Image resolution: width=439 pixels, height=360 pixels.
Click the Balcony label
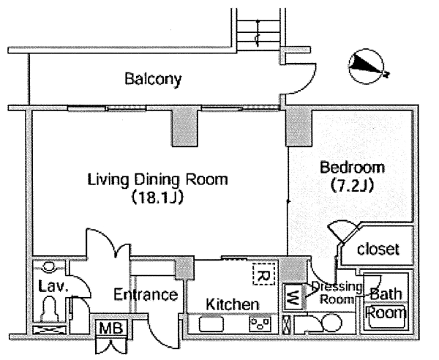point(153,79)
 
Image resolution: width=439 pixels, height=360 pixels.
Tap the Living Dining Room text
point(157,179)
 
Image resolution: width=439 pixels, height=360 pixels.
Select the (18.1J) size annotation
point(157,197)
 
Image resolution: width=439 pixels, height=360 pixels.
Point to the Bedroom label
point(352,168)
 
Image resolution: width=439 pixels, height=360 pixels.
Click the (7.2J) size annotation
point(352,185)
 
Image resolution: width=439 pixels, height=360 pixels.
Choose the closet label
point(378,249)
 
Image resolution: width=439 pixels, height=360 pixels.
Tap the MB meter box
point(111,328)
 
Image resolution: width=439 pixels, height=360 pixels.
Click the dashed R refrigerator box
point(263,274)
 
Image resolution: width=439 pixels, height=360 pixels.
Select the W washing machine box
point(293,296)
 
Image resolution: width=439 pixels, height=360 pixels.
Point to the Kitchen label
point(233,304)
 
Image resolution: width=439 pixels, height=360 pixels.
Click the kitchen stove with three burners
point(260,324)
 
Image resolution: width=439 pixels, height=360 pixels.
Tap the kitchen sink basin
point(211,324)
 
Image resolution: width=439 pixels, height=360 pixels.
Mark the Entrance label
point(146,294)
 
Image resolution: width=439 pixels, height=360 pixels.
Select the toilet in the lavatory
point(50,310)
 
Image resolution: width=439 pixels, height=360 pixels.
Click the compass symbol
point(367,67)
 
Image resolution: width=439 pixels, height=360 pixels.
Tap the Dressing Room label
point(336,293)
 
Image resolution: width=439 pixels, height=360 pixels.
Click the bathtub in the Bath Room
point(386,316)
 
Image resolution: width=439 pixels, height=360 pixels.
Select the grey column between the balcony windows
point(185,127)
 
